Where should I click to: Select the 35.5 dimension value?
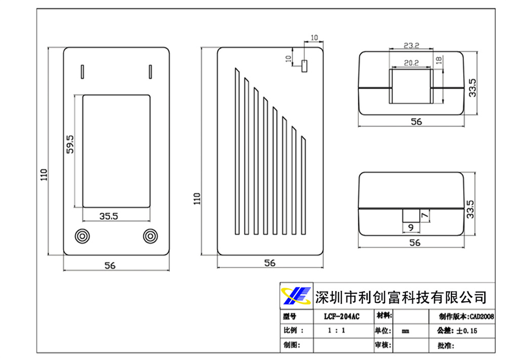coord(108,216)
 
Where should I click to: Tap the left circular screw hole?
coord(82,236)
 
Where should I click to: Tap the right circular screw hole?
coord(150,236)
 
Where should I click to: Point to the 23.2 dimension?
coord(411,46)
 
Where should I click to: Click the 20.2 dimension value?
coord(411,63)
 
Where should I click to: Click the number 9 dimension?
coord(410,227)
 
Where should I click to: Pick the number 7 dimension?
coord(425,216)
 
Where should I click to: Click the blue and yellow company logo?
coord(296,295)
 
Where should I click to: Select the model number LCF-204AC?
coord(342,317)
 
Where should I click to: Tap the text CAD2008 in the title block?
coord(482,317)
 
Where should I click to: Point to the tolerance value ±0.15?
coord(467,331)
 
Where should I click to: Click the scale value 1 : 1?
coord(336,331)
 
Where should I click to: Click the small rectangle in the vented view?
coord(304,66)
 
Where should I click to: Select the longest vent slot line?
coord(236,152)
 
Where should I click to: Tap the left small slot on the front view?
coord(82,71)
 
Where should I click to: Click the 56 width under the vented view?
coord(270,263)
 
